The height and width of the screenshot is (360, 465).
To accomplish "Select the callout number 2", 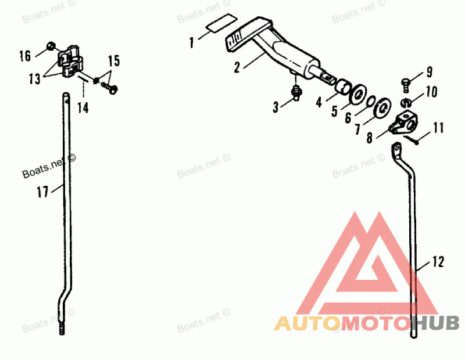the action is click(x=237, y=67).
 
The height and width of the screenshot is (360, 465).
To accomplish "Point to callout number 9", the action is click(x=430, y=72).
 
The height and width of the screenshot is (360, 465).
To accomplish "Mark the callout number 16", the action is click(x=24, y=56).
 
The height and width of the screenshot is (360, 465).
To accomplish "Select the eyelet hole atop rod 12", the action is click(x=396, y=148).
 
